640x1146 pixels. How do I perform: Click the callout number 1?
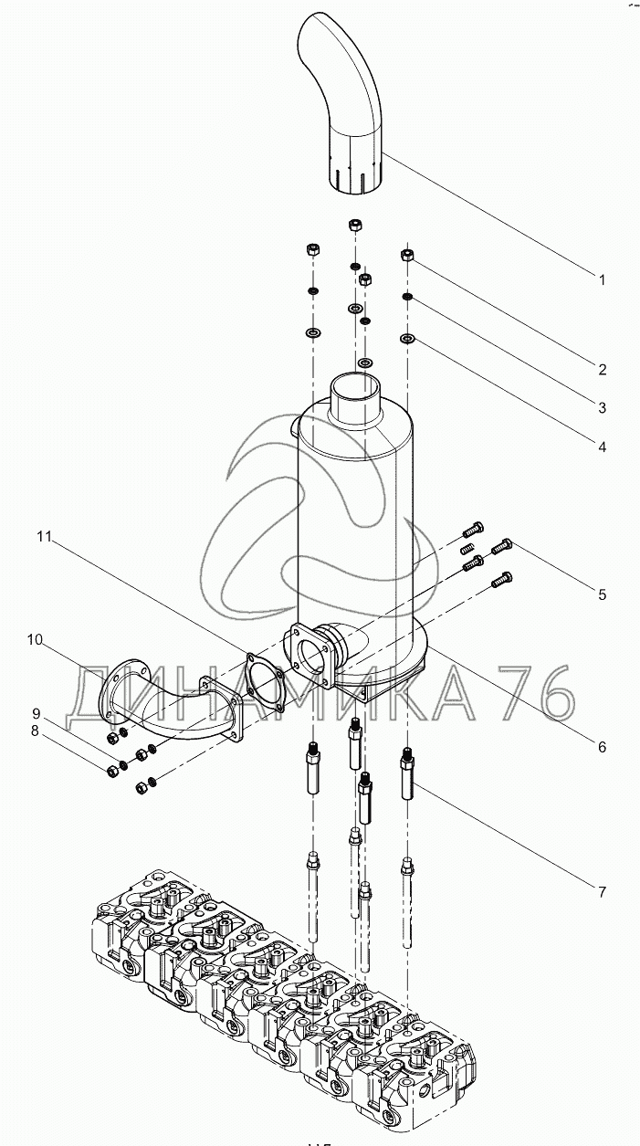point(603,279)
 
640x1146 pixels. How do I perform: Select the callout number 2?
point(603,370)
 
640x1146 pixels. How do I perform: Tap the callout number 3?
point(603,408)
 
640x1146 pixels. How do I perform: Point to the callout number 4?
point(603,447)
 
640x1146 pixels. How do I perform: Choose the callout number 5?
point(603,594)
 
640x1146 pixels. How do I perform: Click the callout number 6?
point(603,747)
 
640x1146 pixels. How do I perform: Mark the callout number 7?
point(603,892)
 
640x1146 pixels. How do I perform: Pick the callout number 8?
point(35,731)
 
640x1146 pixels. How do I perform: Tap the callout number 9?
point(36,713)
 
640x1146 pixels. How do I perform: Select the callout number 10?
point(36,639)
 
